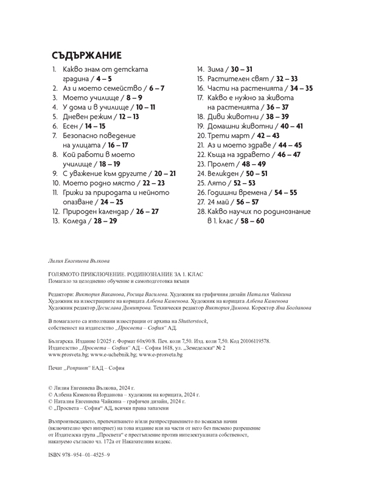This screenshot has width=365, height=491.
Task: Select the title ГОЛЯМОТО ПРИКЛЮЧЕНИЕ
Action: (88, 275)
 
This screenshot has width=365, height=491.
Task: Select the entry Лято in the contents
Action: (217, 183)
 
